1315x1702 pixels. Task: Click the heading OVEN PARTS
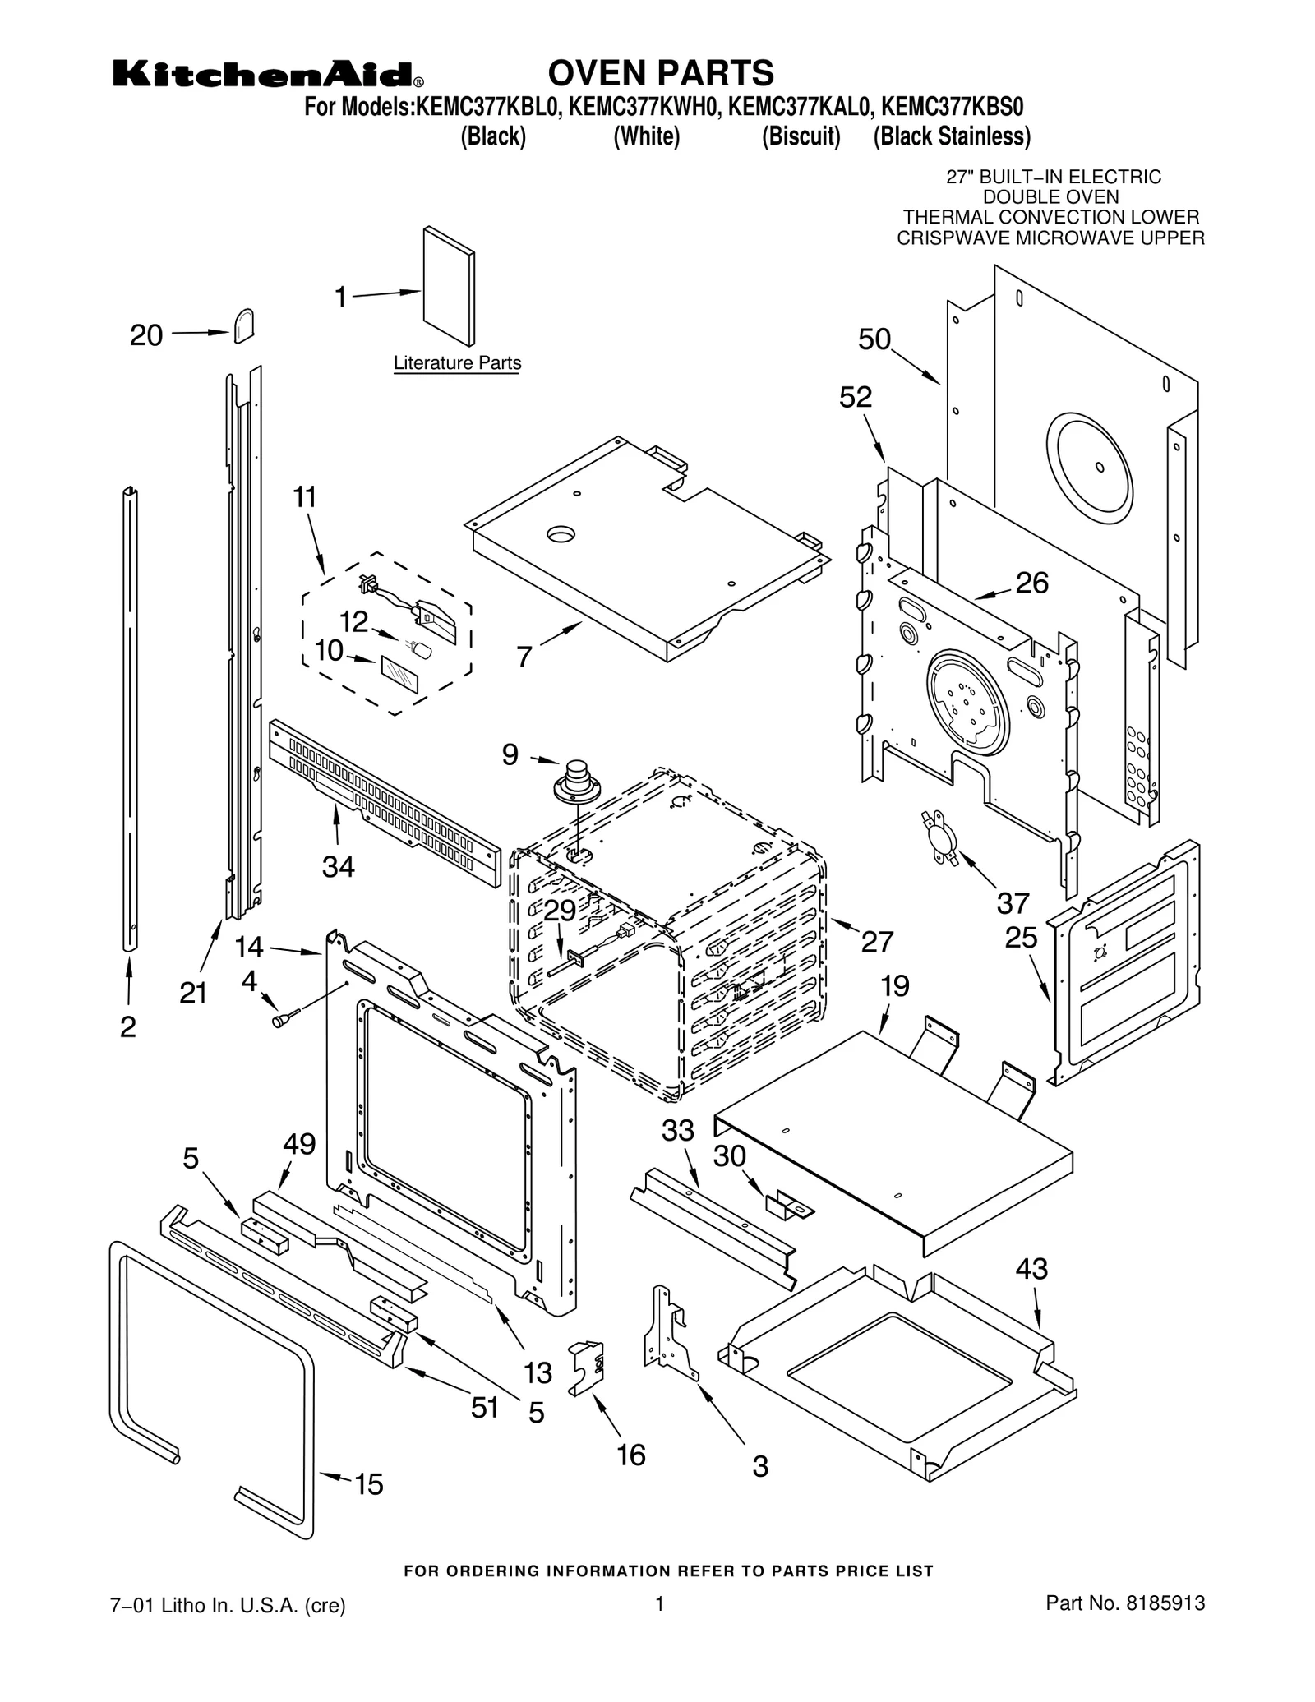(660, 73)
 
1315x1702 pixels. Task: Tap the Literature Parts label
(457, 362)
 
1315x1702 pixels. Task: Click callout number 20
(146, 335)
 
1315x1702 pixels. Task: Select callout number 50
(874, 339)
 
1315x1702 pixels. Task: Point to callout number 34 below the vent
(338, 866)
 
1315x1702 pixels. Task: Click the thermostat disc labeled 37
(939, 836)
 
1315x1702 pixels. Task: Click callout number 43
(1031, 1268)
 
